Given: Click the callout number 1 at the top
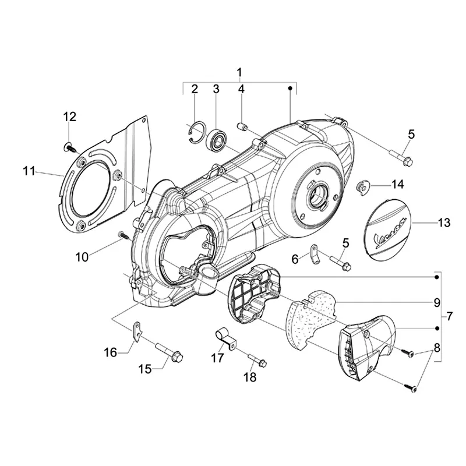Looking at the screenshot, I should coord(239,72).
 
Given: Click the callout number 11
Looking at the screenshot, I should coord(29,171).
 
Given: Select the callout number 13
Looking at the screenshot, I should coord(444,223).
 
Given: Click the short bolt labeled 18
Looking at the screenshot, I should coord(256,359).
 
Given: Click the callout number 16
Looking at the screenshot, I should coord(111,351).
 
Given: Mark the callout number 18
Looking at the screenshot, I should coord(249,377).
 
